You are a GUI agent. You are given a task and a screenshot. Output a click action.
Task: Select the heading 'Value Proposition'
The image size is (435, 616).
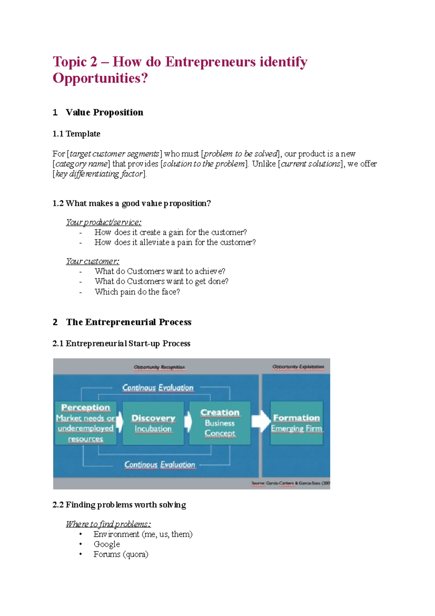point(104,112)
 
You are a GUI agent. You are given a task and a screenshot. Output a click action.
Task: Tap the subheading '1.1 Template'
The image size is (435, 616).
point(76,134)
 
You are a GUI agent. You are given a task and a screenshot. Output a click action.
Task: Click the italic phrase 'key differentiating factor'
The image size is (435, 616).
point(99,174)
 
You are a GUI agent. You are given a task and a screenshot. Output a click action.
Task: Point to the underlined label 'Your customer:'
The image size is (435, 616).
point(92,261)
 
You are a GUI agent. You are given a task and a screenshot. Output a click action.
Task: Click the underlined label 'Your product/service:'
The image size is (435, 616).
point(104,222)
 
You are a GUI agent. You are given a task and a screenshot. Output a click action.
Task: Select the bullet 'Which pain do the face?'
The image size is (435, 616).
point(137,292)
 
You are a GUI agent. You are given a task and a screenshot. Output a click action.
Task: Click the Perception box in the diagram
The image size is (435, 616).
point(86,423)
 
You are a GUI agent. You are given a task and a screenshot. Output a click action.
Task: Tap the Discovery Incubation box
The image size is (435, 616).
point(153,423)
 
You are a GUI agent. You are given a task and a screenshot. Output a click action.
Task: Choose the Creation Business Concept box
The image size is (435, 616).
point(220,423)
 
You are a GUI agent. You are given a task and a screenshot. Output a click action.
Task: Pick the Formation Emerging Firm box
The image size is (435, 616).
point(297,423)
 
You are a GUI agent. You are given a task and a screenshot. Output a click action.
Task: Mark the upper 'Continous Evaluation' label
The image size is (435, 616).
point(158,388)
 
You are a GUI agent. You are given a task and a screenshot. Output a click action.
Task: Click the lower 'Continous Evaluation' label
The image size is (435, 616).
point(159,465)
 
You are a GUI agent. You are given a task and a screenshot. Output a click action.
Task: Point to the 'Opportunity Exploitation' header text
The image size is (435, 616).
point(298,367)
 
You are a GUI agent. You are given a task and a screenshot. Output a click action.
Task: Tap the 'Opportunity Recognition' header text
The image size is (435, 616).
point(159,367)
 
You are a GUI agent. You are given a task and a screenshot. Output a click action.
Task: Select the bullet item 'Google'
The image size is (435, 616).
point(107,544)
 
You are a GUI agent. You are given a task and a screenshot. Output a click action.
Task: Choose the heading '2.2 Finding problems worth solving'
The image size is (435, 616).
point(119,505)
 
